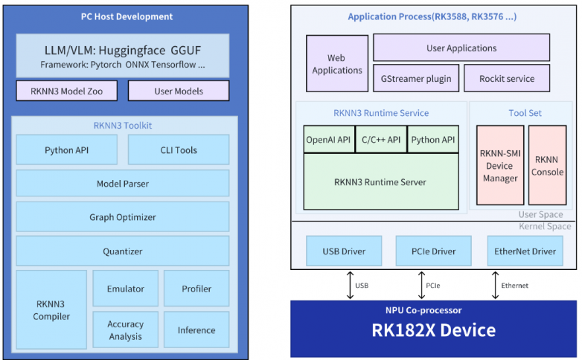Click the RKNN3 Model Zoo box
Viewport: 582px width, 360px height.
[67, 91]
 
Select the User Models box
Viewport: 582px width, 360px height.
[179, 91]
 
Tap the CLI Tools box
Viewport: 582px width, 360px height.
[179, 150]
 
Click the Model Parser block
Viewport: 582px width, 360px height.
[123, 183]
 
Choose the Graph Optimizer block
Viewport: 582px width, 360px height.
[123, 216]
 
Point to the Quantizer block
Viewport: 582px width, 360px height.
[123, 251]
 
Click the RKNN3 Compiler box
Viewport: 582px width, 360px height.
[51, 309]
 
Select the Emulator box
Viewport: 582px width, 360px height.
[126, 289]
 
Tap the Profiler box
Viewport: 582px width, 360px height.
[196, 289]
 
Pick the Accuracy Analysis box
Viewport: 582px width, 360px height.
[126, 330]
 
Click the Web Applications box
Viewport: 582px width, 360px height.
[337, 63]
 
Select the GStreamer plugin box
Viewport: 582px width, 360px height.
[416, 78]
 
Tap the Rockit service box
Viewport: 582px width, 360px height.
[507, 78]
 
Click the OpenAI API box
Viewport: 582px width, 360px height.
[329, 139]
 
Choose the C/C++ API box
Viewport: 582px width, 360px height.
[381, 139]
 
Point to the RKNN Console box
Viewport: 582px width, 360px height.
[548, 165]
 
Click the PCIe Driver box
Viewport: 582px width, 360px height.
[434, 251]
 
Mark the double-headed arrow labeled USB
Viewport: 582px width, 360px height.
[350, 285]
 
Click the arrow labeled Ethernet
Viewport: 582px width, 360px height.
[495, 285]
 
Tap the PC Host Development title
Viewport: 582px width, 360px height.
[127, 16]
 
